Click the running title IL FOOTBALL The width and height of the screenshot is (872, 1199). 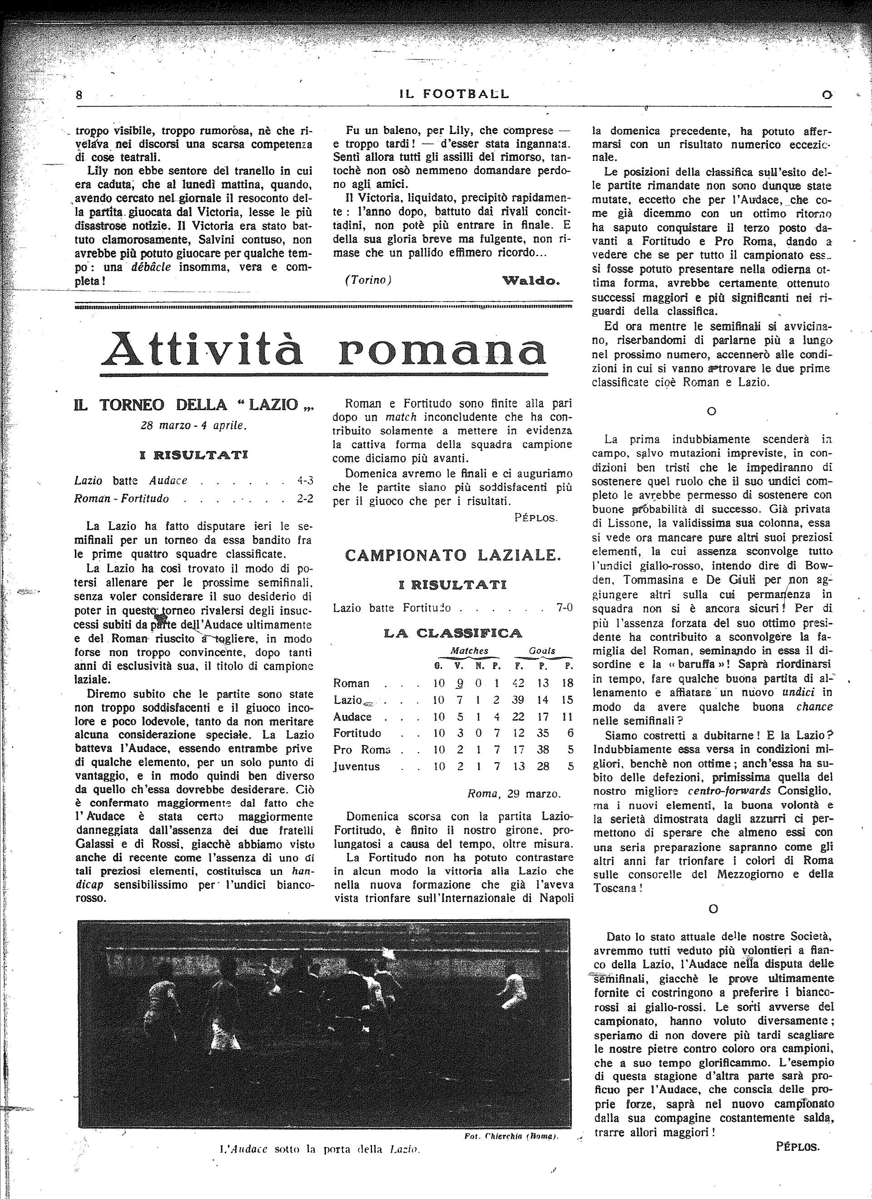(453, 94)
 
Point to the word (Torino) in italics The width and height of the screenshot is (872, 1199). (367, 280)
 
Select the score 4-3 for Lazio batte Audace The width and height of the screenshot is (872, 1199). (305, 481)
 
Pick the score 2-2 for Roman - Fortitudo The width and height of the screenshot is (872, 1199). (305, 498)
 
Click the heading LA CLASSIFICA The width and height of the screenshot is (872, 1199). (453, 633)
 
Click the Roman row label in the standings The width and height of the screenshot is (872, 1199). (351, 683)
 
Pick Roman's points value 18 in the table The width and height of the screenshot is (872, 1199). (567, 683)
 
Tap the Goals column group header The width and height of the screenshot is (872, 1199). (542, 651)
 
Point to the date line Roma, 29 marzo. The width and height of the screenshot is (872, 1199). (514, 793)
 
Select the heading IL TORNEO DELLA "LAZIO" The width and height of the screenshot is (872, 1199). (193, 406)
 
